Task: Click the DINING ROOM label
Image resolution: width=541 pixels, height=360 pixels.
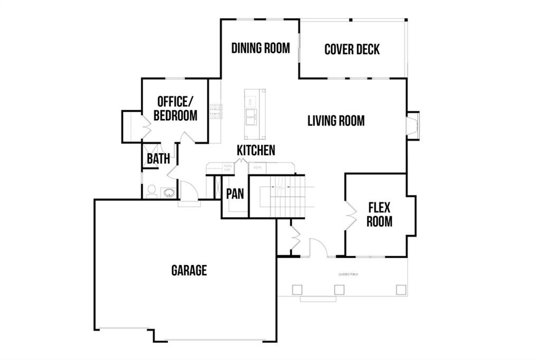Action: (x=260, y=49)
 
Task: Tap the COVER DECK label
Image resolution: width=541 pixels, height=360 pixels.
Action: (x=352, y=50)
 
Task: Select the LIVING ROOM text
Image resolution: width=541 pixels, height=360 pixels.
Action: (x=336, y=121)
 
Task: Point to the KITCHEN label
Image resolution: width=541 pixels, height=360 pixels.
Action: (x=256, y=150)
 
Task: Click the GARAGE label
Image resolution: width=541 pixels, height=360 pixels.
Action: (x=189, y=271)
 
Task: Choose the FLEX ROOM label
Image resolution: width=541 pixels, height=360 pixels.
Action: (x=379, y=214)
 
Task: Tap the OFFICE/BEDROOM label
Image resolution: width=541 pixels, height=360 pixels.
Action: (x=175, y=108)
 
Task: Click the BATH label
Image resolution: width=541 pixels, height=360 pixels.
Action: (x=158, y=159)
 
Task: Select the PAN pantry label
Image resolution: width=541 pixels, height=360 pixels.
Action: (x=235, y=194)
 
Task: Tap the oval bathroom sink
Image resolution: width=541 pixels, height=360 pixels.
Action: (x=169, y=193)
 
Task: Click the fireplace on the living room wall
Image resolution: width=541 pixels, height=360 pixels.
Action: (x=412, y=126)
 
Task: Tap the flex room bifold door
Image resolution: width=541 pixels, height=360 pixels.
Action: (x=349, y=215)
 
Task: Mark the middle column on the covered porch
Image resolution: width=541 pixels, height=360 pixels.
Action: (x=339, y=289)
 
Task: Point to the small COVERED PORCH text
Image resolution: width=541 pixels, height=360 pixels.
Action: (x=349, y=275)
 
